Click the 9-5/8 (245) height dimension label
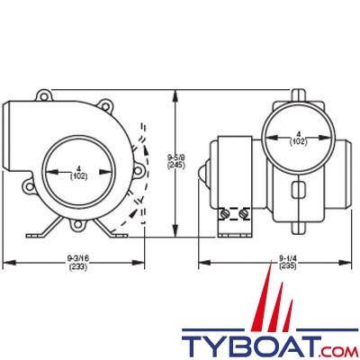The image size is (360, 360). (x=176, y=161)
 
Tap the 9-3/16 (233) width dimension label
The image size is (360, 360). (x=78, y=262)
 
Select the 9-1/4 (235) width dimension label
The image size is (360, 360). (x=287, y=262)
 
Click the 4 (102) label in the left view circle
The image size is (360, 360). (x=78, y=173)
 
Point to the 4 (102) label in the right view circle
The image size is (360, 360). (x=298, y=137)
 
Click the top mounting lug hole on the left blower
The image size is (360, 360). (x=44, y=96)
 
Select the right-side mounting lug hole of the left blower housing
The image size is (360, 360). (x=138, y=171)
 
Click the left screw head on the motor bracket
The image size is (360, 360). (x=225, y=214)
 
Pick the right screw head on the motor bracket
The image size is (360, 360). (x=243, y=214)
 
